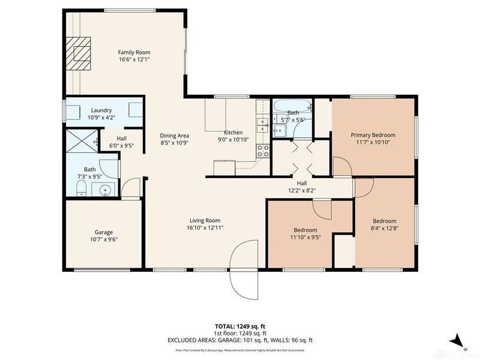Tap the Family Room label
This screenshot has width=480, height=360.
(x=134, y=52)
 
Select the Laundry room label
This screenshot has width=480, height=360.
(x=101, y=110)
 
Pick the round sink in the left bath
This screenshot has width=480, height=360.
(x=105, y=191)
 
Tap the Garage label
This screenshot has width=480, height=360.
(x=103, y=232)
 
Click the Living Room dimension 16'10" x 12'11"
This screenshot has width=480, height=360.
(x=205, y=228)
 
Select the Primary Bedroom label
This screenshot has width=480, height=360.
(x=374, y=135)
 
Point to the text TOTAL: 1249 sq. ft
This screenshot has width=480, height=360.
(x=239, y=326)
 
